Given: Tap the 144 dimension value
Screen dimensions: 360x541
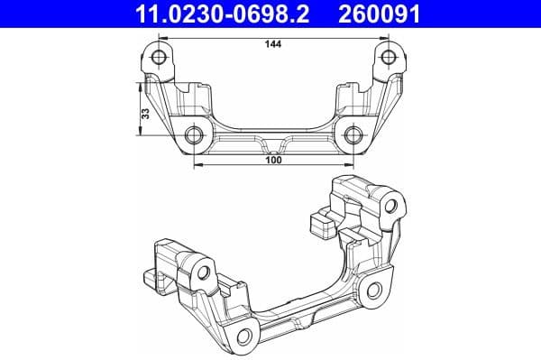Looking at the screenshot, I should point(273,44).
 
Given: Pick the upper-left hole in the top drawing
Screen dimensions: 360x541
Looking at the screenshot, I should point(160,59).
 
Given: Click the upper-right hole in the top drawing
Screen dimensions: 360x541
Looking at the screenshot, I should point(389,59).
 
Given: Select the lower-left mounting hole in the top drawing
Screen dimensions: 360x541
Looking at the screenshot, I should point(195,137).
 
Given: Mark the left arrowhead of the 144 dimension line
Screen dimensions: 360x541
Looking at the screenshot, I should point(163,37).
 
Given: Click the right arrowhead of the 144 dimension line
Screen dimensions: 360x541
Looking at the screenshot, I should point(385,37).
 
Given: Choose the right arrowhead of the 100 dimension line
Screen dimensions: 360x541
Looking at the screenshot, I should point(349,166).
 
